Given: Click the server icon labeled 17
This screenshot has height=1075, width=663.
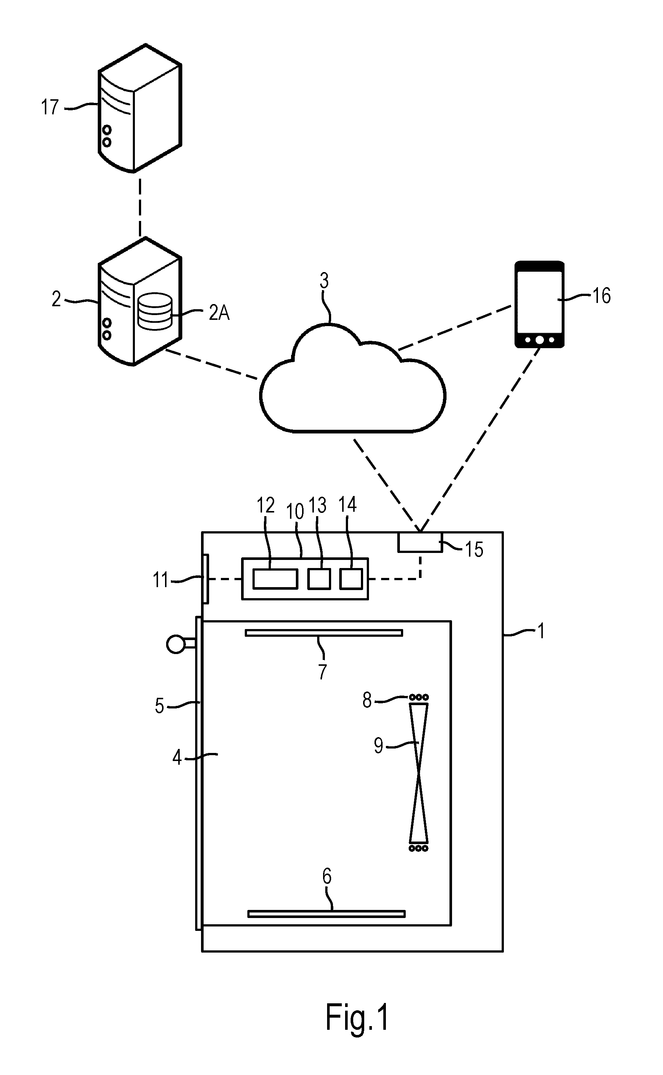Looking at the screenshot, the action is coord(139,108).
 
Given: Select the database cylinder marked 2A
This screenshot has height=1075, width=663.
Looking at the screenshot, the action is coord(155,311).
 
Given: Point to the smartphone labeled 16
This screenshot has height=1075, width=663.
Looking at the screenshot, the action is coord(540,304).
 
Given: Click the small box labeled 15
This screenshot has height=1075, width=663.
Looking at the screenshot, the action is coord(420,542).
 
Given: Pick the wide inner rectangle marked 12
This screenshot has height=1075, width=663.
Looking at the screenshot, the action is coord(275,579).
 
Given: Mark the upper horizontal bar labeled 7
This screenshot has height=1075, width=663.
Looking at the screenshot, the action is coord(324,633).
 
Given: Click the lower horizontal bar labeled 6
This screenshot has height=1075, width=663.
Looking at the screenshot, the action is coord(326,914).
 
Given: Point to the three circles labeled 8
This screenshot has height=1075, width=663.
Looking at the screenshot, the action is coord(419,697).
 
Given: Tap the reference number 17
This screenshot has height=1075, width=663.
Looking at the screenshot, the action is coord(50,107).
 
